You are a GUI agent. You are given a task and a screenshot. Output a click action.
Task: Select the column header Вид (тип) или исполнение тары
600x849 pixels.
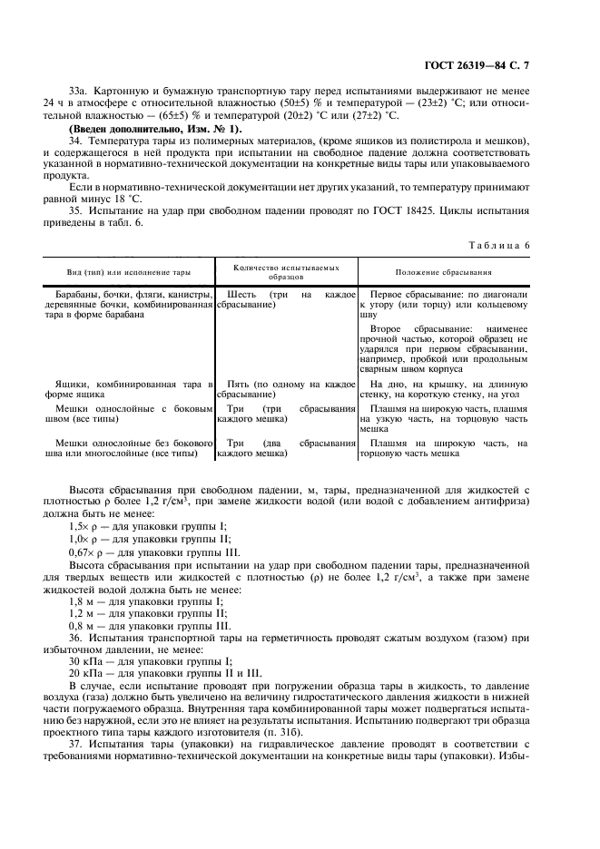pos(128,272)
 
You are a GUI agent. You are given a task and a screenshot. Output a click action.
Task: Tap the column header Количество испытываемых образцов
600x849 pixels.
pos(286,272)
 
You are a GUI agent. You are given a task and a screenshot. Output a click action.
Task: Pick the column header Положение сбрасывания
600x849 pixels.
pos(444,272)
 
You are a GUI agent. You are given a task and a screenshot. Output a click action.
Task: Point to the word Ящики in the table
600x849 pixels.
pos(72,385)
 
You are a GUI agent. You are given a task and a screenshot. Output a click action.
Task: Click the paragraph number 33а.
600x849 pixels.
pos(79,92)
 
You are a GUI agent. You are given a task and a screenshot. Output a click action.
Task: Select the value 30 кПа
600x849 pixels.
pos(84,660)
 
